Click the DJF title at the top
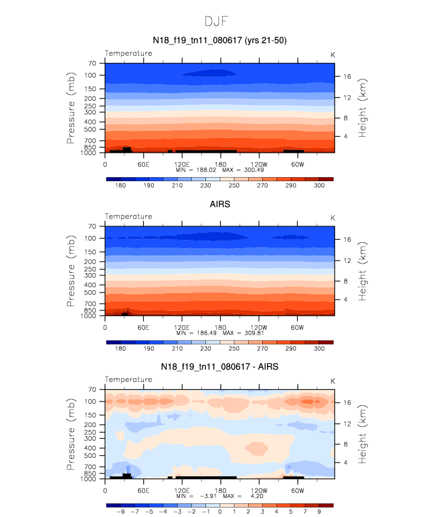217,21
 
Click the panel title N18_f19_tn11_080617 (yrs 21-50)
220,40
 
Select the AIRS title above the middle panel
220,204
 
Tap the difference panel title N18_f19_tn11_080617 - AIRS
220,367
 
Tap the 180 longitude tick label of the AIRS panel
220,327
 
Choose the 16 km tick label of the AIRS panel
346,239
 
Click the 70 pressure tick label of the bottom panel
92,390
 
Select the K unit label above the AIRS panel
333,217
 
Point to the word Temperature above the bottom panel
128,380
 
